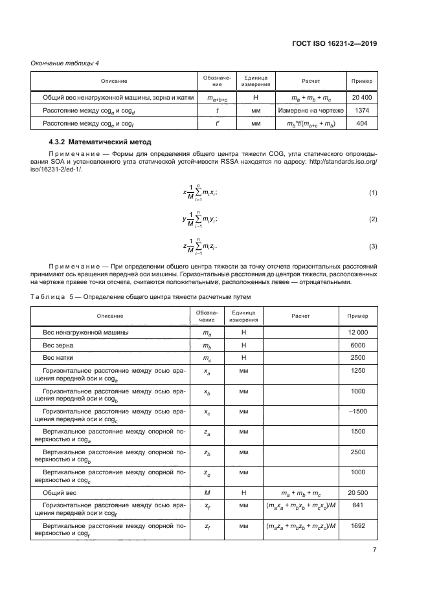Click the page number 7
[374, 551]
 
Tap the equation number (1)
[372, 193]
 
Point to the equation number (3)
[372, 247]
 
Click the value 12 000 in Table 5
[357, 332]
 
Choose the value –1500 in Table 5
[357, 412]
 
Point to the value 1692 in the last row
[357, 527]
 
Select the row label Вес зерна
[59, 345]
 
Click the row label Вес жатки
[60, 357]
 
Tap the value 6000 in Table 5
[357, 345]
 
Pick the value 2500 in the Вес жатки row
[357, 357]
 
